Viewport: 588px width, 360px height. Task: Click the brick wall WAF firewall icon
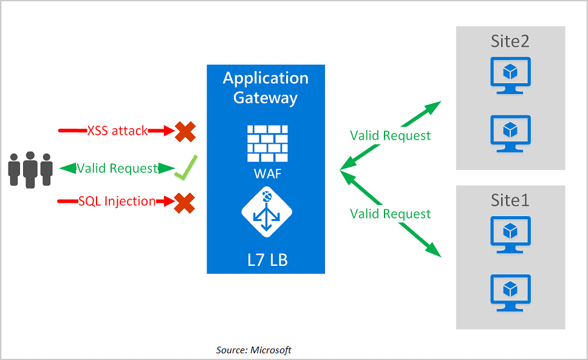coord(265,144)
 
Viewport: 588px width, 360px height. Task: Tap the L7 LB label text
coord(265,260)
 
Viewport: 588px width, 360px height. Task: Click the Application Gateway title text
coord(265,87)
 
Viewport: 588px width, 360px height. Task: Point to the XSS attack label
coord(117,131)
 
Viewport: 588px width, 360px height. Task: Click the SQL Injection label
coord(117,202)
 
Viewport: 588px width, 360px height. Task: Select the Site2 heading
coord(510,41)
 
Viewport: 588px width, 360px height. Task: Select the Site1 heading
coord(510,200)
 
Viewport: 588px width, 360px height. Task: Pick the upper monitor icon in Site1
coord(510,234)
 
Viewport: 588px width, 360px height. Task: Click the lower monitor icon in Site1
coord(510,293)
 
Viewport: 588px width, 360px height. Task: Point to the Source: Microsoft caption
coord(253,350)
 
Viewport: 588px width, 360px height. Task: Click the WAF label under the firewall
coord(265,175)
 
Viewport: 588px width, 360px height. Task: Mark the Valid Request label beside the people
coord(117,168)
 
